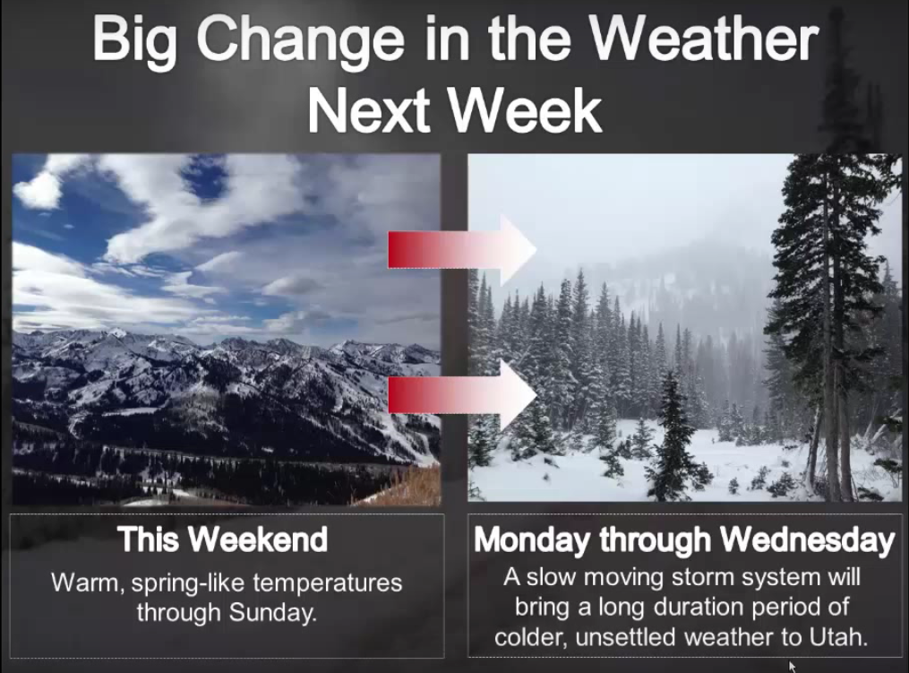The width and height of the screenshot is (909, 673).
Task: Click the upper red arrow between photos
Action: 462,249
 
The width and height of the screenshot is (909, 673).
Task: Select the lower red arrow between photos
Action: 462,395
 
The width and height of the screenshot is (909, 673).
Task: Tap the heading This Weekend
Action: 223,539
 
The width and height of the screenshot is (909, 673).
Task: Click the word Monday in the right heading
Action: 534,540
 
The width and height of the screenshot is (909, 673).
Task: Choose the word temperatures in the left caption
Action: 328,583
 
